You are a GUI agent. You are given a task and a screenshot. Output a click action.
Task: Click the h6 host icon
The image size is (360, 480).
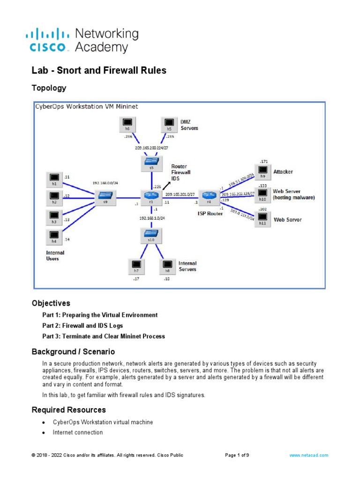click(x=127, y=124)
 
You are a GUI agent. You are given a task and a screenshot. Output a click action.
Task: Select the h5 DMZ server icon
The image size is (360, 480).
click(x=169, y=124)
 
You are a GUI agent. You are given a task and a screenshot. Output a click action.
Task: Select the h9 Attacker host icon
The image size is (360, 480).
click(x=262, y=171)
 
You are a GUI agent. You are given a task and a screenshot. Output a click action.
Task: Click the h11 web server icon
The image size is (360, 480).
click(x=262, y=218)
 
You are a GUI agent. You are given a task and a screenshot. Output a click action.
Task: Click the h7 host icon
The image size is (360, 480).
click(x=136, y=266)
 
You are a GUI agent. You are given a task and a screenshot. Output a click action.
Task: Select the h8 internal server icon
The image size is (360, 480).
click(x=166, y=266)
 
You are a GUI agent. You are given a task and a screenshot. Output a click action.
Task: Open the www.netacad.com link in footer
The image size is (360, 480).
click(x=308, y=455)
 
